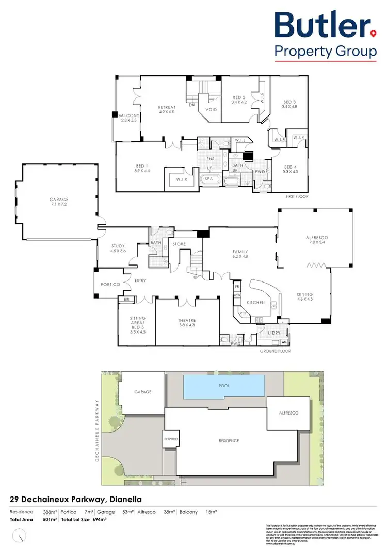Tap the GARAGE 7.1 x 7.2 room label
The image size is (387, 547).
(x=59, y=202)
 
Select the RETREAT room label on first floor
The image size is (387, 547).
(x=167, y=110)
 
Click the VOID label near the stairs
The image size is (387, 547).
(x=211, y=110)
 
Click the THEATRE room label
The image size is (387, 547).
(x=187, y=323)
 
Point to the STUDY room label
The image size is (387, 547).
(x=119, y=249)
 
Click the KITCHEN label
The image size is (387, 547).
(x=255, y=302)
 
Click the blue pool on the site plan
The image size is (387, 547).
(x=224, y=387)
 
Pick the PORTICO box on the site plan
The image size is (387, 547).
(x=171, y=439)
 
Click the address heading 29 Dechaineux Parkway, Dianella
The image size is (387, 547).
(x=76, y=499)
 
